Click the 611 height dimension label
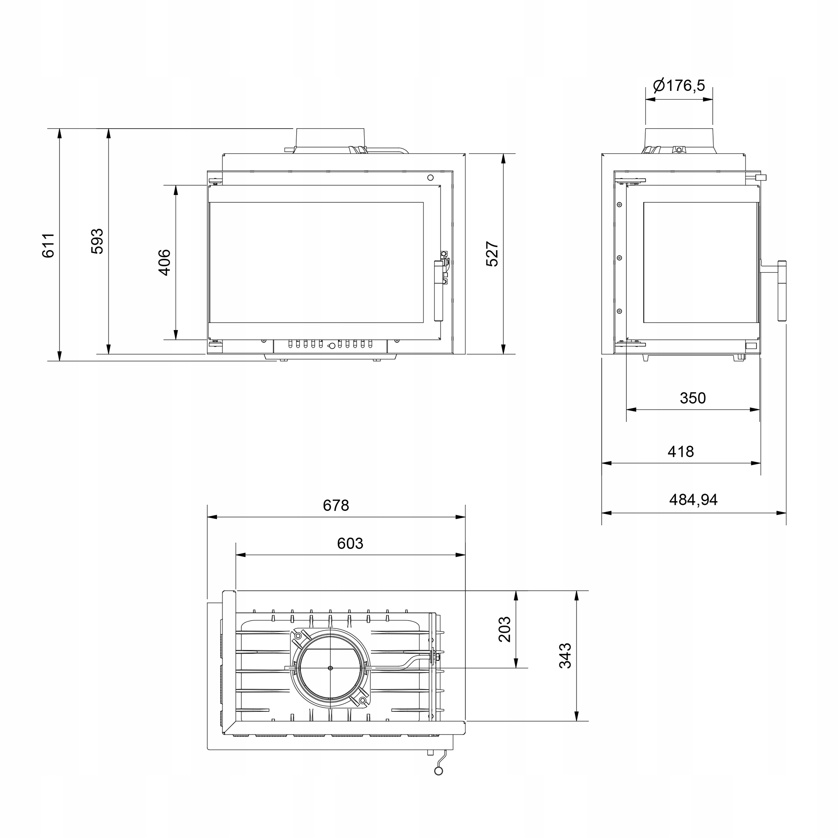tap(48, 246)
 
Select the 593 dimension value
tap(97, 241)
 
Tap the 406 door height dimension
tap(164, 262)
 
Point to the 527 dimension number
tap(492, 254)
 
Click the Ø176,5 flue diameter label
tap(679, 85)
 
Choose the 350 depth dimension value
tap(693, 398)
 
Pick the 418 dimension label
tap(680, 452)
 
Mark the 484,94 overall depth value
tap(693, 500)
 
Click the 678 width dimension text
tap(336, 505)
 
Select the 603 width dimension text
tap(350, 543)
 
